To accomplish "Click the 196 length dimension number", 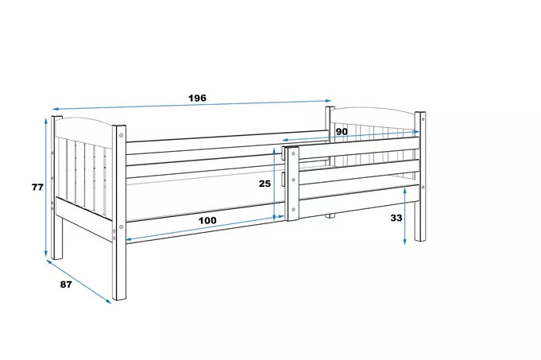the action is pyautogui.click(x=197, y=98).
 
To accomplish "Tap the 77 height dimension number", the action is pyautogui.click(x=37, y=187).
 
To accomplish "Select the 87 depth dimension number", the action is pyautogui.click(x=66, y=285).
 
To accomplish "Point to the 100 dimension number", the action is pyautogui.click(x=207, y=220).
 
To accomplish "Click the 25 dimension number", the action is pyautogui.click(x=265, y=184).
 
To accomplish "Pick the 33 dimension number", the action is pyautogui.click(x=396, y=218).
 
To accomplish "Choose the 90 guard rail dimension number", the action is pyautogui.click(x=342, y=131).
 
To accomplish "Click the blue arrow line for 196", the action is pyautogui.click(x=191, y=104).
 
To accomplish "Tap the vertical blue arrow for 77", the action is pyautogui.click(x=46, y=188).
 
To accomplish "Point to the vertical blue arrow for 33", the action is pyautogui.click(x=404, y=216).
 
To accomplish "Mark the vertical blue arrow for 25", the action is pyautogui.click(x=274, y=184).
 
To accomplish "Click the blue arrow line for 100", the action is pyautogui.click(x=205, y=228).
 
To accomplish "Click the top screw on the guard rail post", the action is pyautogui.click(x=293, y=153).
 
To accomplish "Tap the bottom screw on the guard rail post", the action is pyautogui.click(x=293, y=209).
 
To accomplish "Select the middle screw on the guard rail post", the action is pyautogui.click(x=293, y=180).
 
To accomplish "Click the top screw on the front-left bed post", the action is pyautogui.click(x=121, y=135).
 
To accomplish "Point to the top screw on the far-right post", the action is pyautogui.click(x=423, y=119).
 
